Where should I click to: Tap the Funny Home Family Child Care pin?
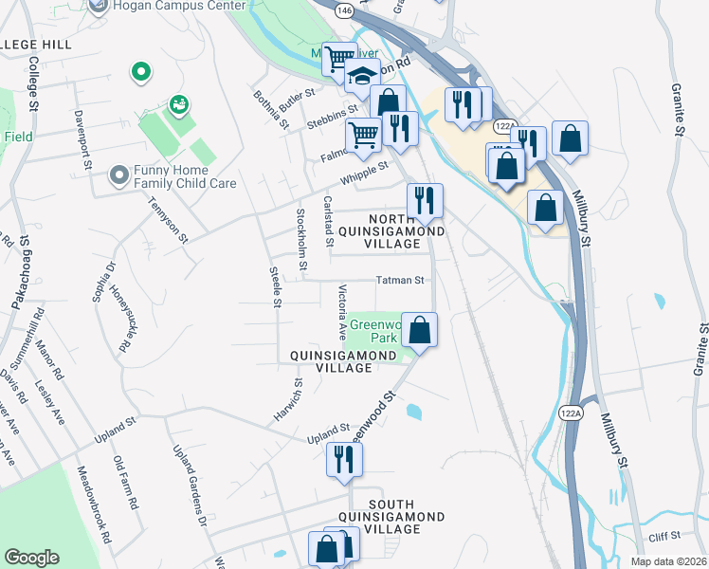click(118, 175)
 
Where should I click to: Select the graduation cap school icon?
click(361, 78)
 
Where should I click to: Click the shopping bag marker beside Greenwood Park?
click(420, 331)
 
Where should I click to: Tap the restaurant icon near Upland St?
click(342, 460)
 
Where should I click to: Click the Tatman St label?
click(399, 281)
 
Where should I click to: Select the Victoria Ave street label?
click(341, 311)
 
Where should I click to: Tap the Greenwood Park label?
click(373, 331)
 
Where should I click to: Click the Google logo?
click(31, 558)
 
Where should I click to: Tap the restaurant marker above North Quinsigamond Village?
click(424, 200)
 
